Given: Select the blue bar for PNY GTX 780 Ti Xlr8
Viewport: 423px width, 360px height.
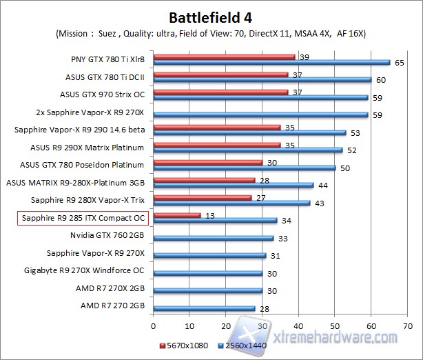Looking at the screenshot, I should point(271,62).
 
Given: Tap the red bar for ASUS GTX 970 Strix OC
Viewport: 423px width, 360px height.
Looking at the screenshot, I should point(220,92).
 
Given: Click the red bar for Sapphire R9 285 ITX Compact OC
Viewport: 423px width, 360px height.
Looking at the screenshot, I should point(177,215).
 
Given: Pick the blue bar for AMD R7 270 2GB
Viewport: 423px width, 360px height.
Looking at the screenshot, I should point(204,308).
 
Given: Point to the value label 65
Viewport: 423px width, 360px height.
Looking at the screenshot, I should point(398,63).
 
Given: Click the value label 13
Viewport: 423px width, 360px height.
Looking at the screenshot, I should point(209,215).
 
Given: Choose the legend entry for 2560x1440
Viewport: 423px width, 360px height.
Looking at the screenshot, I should point(239,344).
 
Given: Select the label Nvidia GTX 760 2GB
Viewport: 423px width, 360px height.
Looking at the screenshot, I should point(107,237).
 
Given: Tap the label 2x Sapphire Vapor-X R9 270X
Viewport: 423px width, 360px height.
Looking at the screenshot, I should point(90,112).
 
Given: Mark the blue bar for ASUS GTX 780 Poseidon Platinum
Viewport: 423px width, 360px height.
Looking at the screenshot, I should point(245,167).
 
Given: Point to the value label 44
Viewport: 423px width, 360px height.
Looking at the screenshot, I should point(322,185).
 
